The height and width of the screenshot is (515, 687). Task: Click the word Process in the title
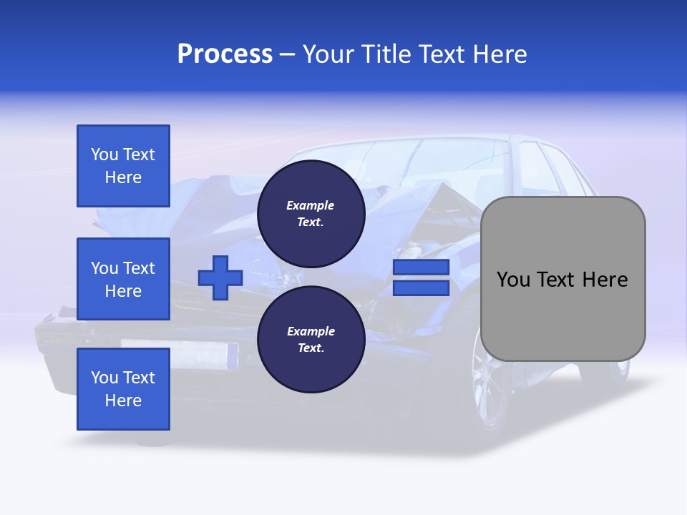tap(225, 54)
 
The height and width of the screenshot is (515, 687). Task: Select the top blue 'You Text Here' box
tap(123, 166)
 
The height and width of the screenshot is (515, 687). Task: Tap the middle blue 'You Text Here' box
tap(123, 279)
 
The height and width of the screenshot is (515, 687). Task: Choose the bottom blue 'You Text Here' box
tap(123, 389)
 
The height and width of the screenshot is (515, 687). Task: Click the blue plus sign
tap(220, 278)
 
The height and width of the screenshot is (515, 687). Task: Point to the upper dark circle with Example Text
tap(311, 213)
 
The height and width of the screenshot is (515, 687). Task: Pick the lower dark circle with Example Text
tap(311, 339)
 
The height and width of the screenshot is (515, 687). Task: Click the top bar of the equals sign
tap(421, 267)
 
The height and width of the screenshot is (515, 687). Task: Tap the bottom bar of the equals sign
tap(421, 288)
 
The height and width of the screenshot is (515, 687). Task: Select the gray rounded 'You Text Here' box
tap(562, 279)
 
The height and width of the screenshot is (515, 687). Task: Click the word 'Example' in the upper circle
tap(311, 205)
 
